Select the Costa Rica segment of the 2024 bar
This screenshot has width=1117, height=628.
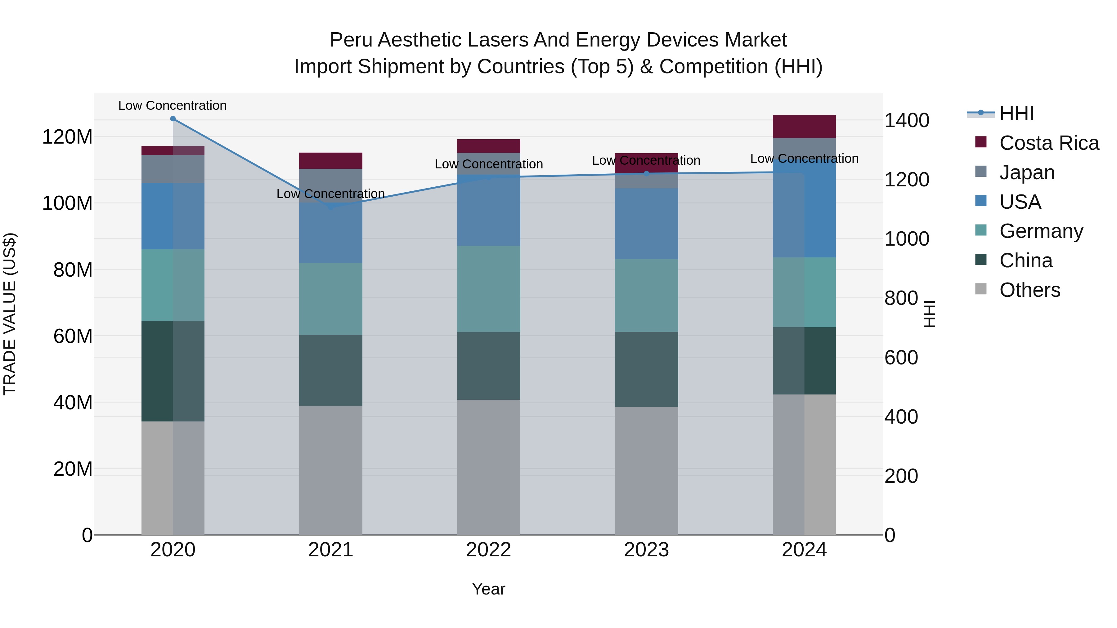tap(804, 127)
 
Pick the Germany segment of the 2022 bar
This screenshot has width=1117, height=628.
tap(488, 289)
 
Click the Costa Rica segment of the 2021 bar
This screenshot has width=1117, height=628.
tap(330, 160)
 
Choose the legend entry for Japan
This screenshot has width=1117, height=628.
tap(1026, 172)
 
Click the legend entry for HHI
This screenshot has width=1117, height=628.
tap(1016, 114)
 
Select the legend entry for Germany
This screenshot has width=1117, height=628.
tap(1041, 231)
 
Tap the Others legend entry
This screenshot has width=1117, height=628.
tap(1030, 290)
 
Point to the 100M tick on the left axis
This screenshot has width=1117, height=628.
tap(67, 203)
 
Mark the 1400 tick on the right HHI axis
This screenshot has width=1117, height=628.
tap(907, 121)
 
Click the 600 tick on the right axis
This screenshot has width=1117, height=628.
tap(901, 358)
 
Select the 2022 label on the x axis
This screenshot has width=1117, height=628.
tap(488, 550)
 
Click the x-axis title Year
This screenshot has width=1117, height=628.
tap(488, 589)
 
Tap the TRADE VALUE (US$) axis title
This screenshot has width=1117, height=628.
tap(10, 314)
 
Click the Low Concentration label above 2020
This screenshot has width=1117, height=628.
tap(172, 105)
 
